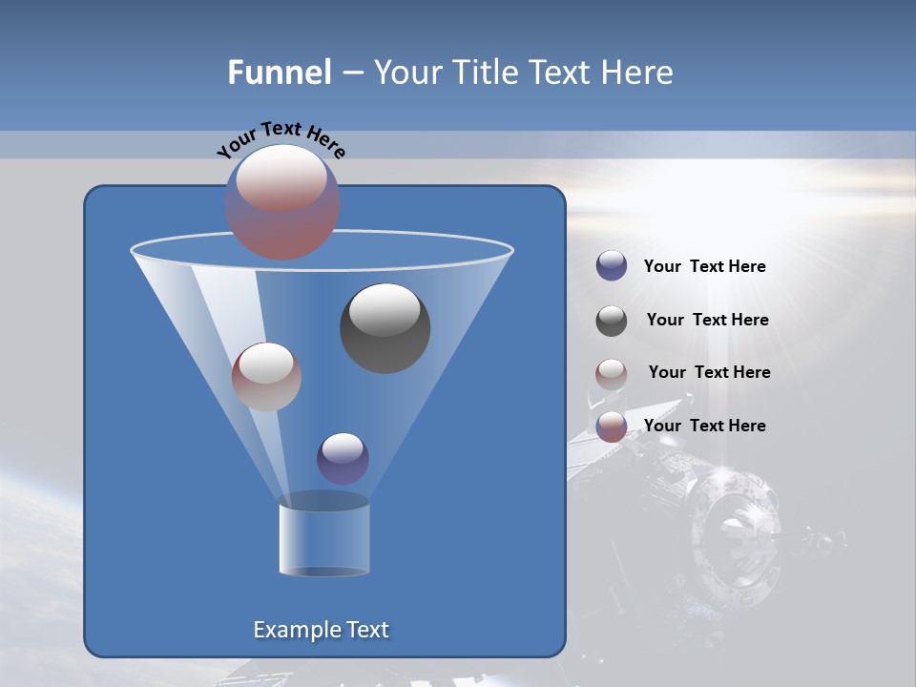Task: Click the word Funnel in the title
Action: (x=280, y=73)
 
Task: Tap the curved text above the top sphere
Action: (x=281, y=139)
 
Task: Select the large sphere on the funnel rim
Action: (x=282, y=201)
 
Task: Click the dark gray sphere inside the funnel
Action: (x=385, y=328)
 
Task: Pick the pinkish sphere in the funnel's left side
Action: (x=266, y=377)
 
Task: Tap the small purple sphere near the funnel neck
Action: (x=343, y=458)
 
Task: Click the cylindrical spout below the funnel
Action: (x=323, y=536)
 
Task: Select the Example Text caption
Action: (x=322, y=630)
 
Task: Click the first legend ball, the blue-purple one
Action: (x=612, y=266)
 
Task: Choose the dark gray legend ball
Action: (x=612, y=321)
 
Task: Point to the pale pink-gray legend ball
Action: (x=612, y=374)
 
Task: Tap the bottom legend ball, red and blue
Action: (x=612, y=427)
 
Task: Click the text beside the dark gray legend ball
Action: (x=707, y=320)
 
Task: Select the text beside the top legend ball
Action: (x=704, y=267)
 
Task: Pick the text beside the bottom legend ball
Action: (x=704, y=426)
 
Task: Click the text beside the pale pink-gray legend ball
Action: (x=709, y=372)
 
